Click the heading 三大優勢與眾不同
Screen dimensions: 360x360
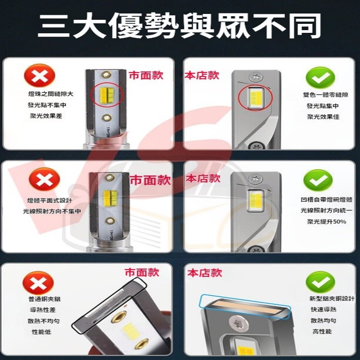pos(180,26)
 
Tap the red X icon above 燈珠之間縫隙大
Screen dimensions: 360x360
pos(41,76)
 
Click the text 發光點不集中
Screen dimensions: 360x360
pos(47,105)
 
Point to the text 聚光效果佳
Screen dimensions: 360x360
pos(323,117)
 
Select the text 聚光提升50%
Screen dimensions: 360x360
pos(324,222)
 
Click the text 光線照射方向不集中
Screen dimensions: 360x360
pos(53,211)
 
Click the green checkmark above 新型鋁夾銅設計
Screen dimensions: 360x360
pos(320,282)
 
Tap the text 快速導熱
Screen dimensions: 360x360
pos(323,309)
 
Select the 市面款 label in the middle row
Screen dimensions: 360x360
pos(150,180)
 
